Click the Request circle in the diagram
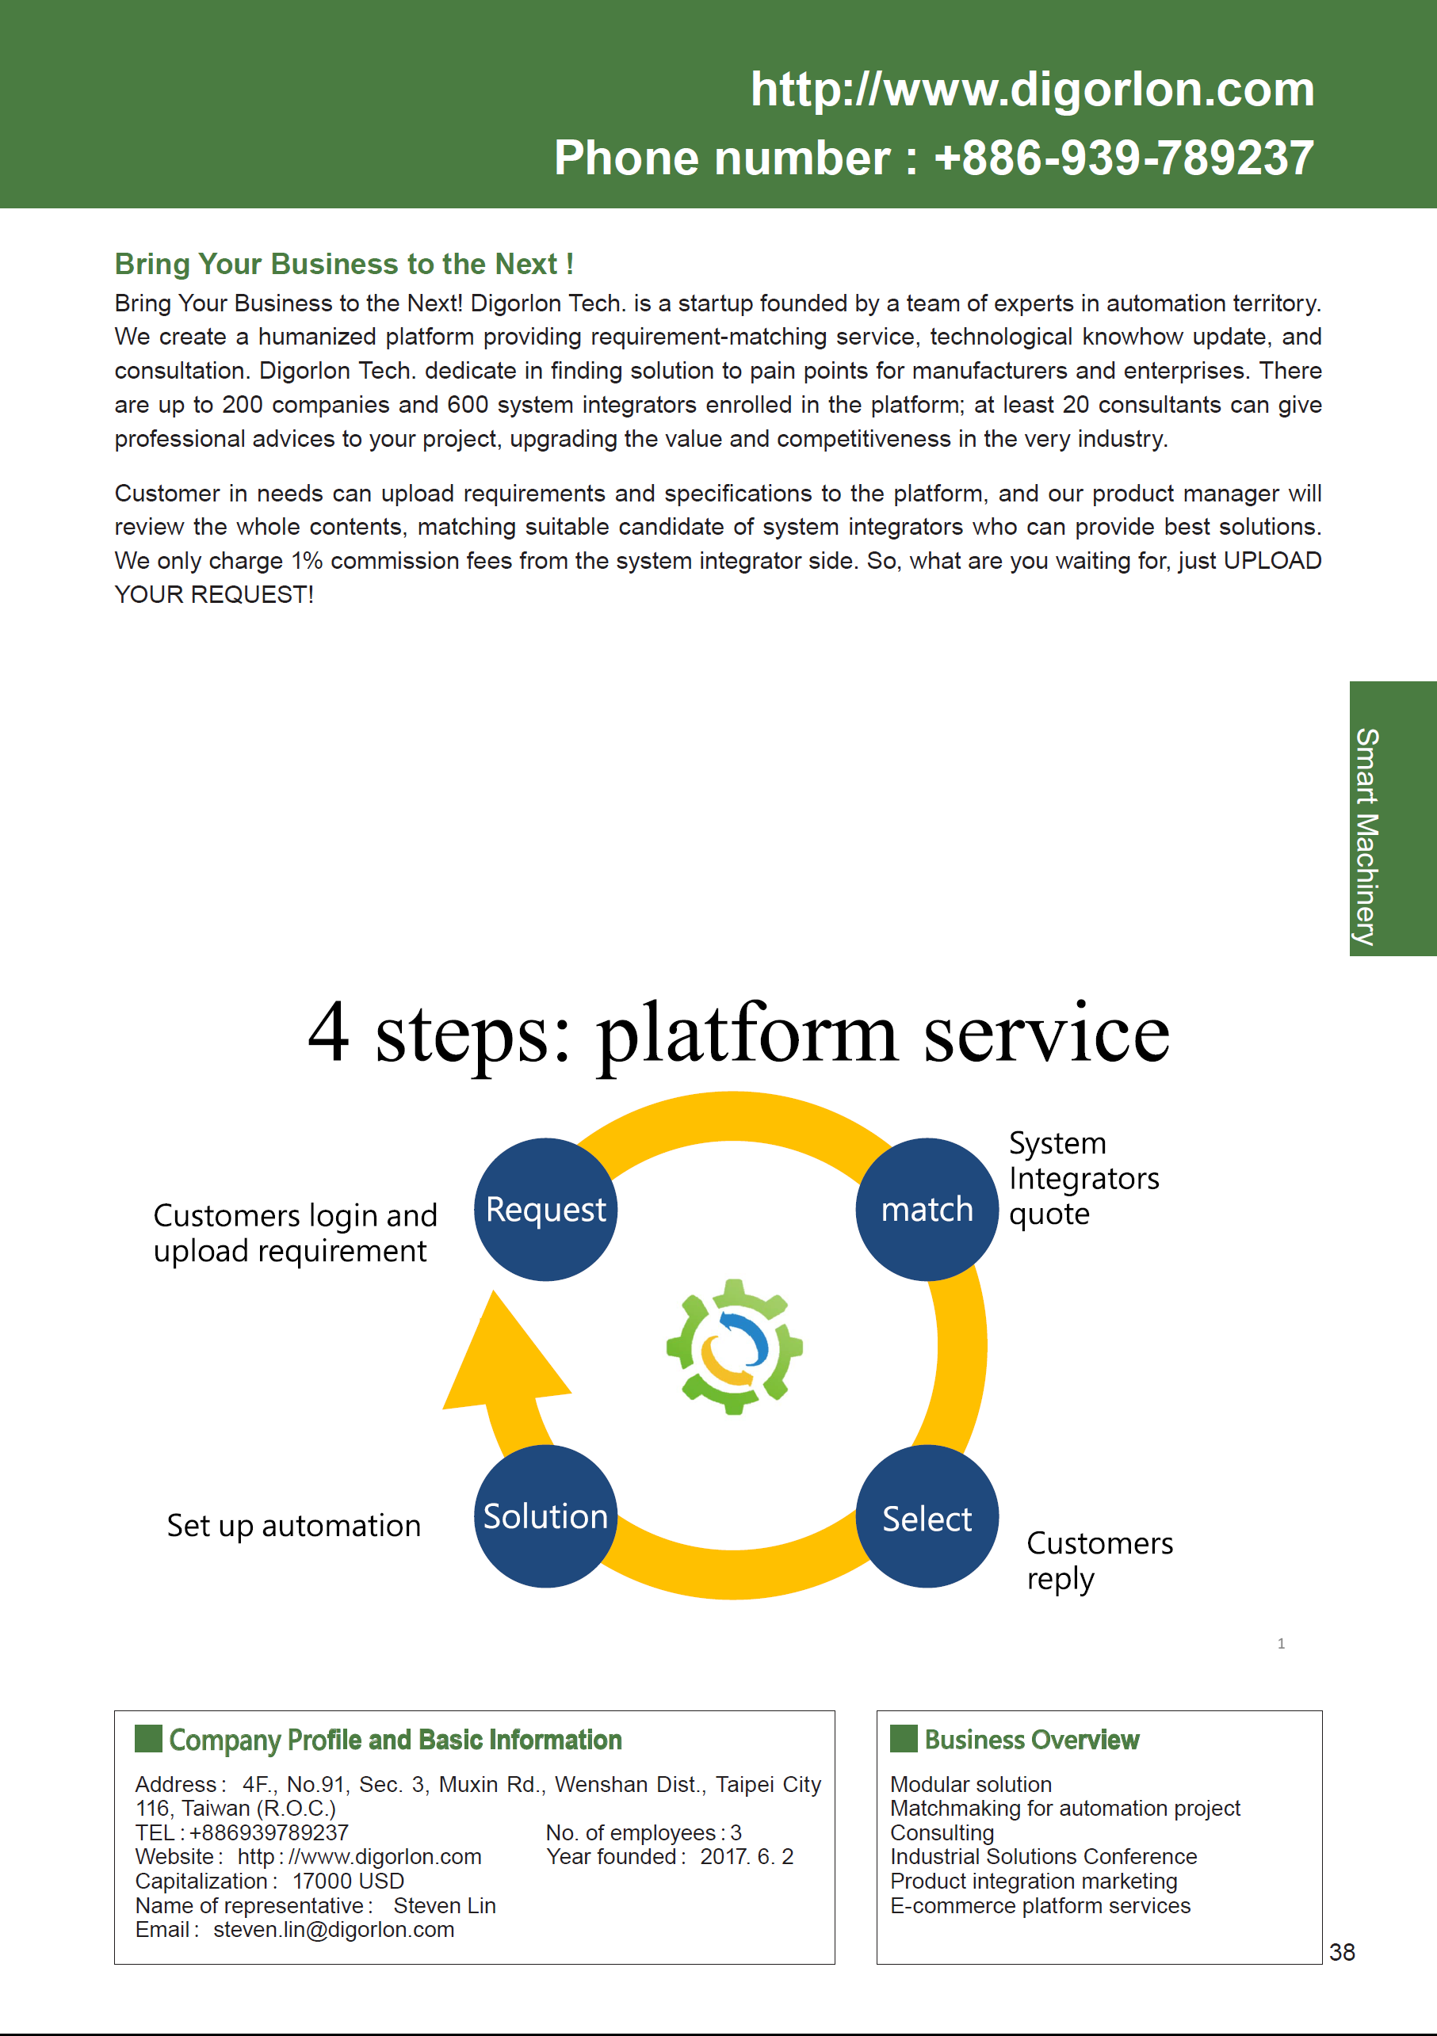tap(545, 1210)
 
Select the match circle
tap(927, 1210)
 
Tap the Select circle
tap(927, 1516)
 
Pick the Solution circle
tap(545, 1516)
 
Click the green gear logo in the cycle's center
tap(735, 1347)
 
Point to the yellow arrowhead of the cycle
tap(502, 1352)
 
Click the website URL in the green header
tap(1033, 89)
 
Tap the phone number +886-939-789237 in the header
tap(1125, 158)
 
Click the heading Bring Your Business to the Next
tap(344, 265)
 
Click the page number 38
tap(1342, 1952)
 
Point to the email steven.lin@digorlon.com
tap(334, 1930)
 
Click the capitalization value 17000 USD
tap(349, 1881)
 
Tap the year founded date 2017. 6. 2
tap(747, 1856)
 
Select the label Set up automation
tap(293, 1525)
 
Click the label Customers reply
tap(1100, 1561)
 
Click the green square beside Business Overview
tap(904, 1738)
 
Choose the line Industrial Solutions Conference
tap(1043, 1856)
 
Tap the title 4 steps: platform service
tap(739, 1033)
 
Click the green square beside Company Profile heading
tap(148, 1738)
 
